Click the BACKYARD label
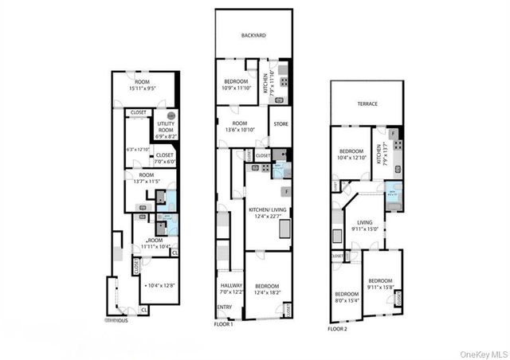coord(253,36)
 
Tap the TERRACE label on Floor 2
coord(367,104)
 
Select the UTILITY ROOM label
coord(166,124)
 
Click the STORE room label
coord(280,124)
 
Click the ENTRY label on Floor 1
coord(225,307)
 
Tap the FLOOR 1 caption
coord(224,324)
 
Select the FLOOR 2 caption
coord(339,328)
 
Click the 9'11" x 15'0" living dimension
coord(365,229)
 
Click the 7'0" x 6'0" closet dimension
coord(165,162)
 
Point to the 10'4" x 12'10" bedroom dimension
coord(351,158)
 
